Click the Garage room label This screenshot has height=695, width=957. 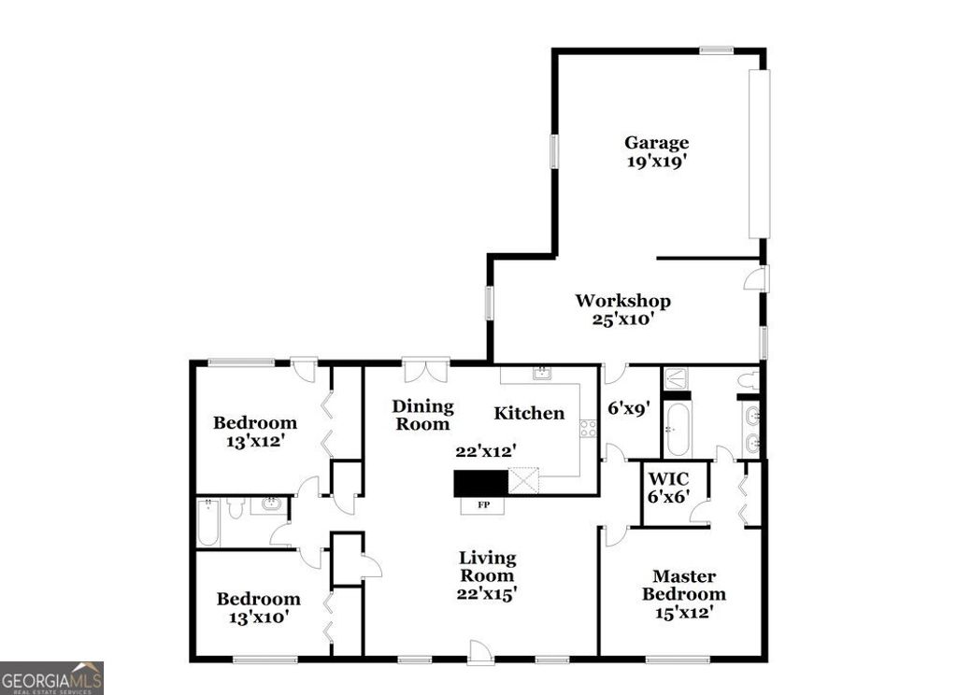click(656, 143)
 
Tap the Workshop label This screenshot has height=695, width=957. click(622, 301)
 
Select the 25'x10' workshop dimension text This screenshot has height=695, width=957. click(622, 319)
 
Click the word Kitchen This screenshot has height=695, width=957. click(529, 413)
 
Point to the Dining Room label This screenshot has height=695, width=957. click(422, 415)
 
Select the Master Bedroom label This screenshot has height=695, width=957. click(689, 586)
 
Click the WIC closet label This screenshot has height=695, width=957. click(670, 478)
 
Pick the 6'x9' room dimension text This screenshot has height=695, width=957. click(630, 408)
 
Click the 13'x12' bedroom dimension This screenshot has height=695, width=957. click(254, 441)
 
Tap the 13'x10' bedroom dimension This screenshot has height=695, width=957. click(258, 617)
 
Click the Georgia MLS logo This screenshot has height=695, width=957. click(51, 677)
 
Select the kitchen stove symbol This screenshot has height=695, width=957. click(588, 429)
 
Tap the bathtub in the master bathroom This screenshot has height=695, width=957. click(678, 429)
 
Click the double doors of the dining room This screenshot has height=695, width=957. click(425, 369)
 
